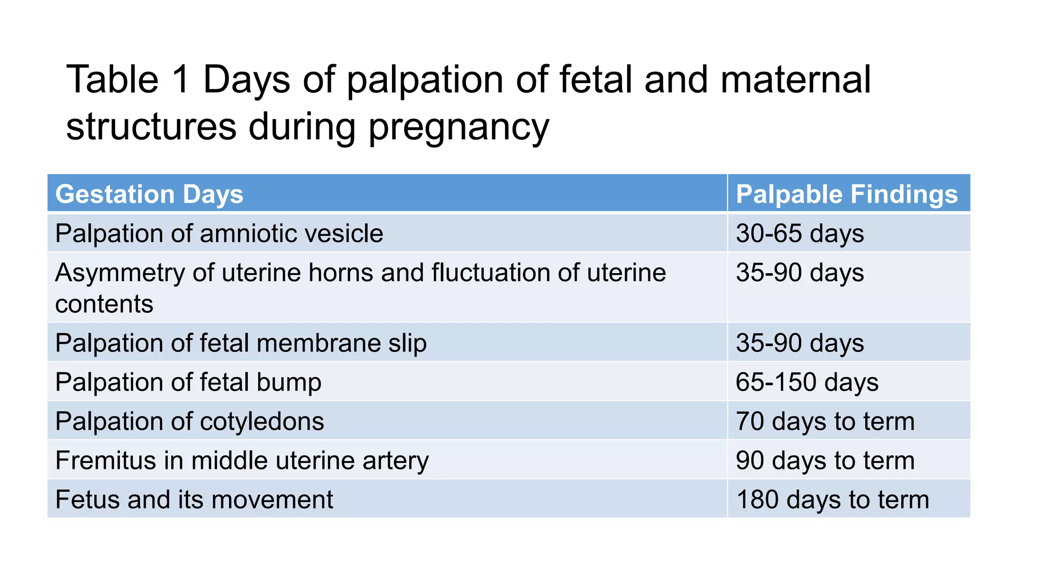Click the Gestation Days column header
tap(149, 194)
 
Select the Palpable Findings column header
tap(846, 194)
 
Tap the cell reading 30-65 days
tap(799, 233)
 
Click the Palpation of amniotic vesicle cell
tap(219, 233)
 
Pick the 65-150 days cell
tap(806, 382)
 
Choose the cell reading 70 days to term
tap(824, 421)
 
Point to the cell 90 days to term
tap(824, 460)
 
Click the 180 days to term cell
tap(832, 499)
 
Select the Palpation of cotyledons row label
tap(189, 421)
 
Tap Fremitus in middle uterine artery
tap(242, 460)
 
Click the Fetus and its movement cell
tap(194, 499)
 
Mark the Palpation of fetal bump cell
tap(188, 382)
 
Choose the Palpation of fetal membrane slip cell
tap(241, 343)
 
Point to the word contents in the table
tap(104, 304)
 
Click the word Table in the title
tap(113, 80)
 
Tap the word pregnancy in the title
tap(458, 127)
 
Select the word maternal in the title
tap(795, 80)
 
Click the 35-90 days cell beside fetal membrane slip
tap(799, 343)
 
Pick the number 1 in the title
tap(181, 80)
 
